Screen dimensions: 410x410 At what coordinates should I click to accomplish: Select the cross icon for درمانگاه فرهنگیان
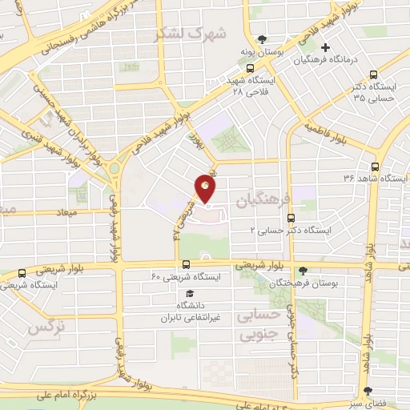coord(325,48)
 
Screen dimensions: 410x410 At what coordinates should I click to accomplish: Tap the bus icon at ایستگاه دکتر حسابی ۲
coord(290,216)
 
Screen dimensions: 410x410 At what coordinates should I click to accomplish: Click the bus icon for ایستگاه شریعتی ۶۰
coord(187,263)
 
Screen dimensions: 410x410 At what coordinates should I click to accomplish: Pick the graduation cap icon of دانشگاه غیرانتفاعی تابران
coord(187,293)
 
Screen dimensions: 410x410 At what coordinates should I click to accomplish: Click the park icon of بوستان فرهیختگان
coord(302,271)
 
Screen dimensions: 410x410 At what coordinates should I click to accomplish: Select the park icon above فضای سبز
coord(368,392)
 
